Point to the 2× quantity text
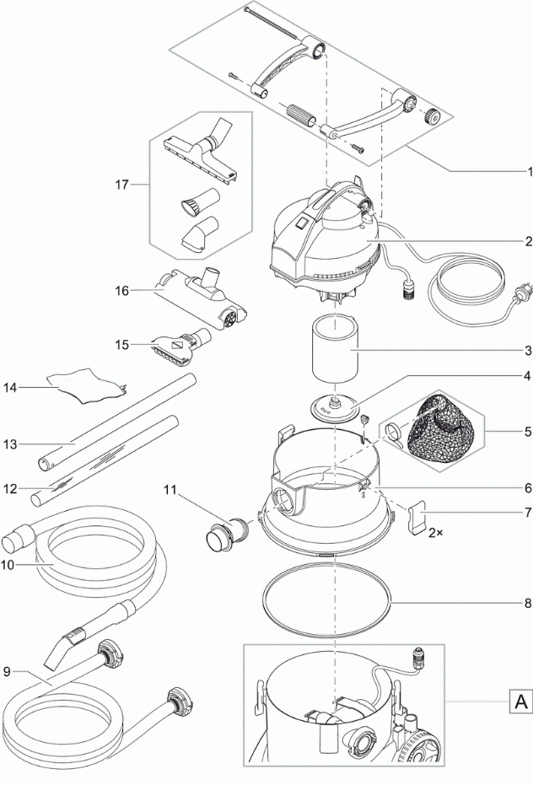pyautogui.click(x=435, y=533)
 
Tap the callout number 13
pyautogui.click(x=9, y=444)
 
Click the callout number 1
pyautogui.click(x=528, y=170)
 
